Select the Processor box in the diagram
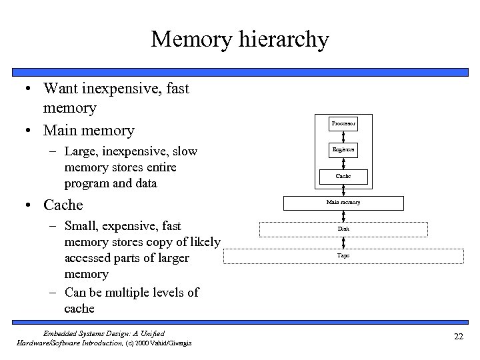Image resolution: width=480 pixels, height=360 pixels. pyautogui.click(x=343, y=124)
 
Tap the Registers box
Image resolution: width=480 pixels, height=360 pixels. pyautogui.click(x=343, y=151)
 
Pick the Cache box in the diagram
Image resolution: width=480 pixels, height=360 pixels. pyautogui.click(x=343, y=177)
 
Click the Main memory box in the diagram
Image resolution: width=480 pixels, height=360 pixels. pyautogui.click(x=343, y=202)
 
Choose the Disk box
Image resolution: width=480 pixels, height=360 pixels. pyautogui.click(x=343, y=229)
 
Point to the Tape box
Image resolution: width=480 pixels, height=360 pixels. pyautogui.click(x=343, y=255)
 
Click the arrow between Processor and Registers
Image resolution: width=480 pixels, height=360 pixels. pyautogui.click(x=343, y=137)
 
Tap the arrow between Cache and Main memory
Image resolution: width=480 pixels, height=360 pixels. pyautogui.click(x=343, y=190)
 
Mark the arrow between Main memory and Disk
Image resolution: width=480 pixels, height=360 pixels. pyautogui.click(x=343, y=215)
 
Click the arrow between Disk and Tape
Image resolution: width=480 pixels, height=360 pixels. pyautogui.click(x=343, y=242)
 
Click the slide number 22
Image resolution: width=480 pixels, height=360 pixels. pyautogui.click(x=458, y=336)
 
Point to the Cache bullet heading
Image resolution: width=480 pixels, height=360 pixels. pyautogui.click(x=63, y=204)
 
